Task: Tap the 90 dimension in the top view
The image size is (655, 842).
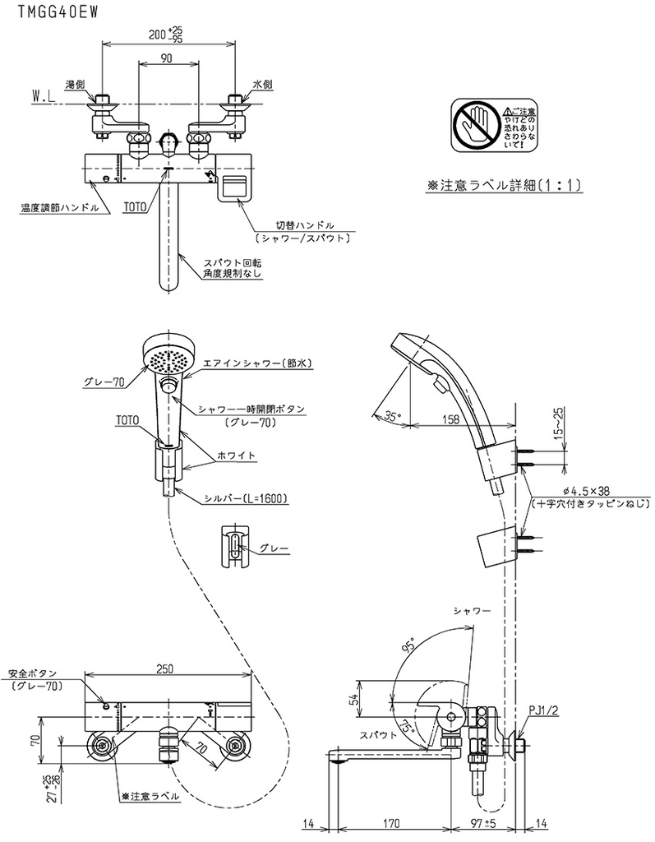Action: click(x=167, y=58)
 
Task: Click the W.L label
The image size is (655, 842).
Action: click(x=43, y=97)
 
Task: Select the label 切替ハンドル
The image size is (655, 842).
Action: click(x=304, y=224)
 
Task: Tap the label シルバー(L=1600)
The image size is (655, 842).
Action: click(x=246, y=497)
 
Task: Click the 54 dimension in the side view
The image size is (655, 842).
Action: click(x=354, y=699)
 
